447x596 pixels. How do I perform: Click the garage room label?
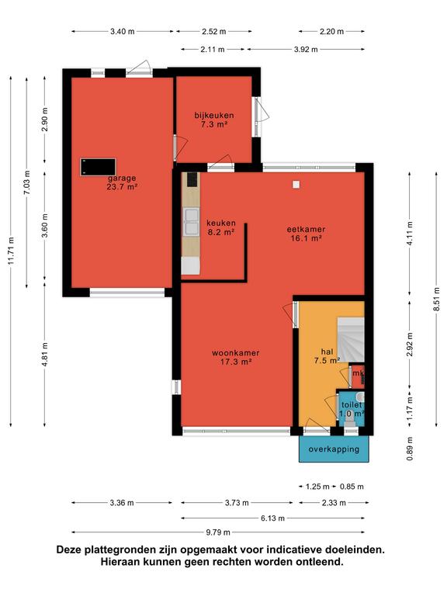pyautogui.click(x=122, y=182)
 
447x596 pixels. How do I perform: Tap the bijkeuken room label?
pyautogui.click(x=214, y=120)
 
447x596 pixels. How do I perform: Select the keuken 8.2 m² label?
pyautogui.click(x=221, y=227)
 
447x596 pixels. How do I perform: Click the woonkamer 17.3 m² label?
pyautogui.click(x=236, y=357)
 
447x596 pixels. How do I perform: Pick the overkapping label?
pyautogui.click(x=334, y=449)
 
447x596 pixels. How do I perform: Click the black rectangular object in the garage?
pyautogui.click(x=98, y=168)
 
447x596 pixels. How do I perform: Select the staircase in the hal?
pyautogui.click(x=351, y=340)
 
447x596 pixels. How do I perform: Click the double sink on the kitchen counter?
pyautogui.click(x=191, y=222)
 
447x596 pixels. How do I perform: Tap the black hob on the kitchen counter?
pyautogui.click(x=192, y=179)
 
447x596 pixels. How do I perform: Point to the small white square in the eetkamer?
pyautogui.click(x=296, y=185)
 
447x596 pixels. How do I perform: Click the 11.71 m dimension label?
pyautogui.click(x=12, y=251)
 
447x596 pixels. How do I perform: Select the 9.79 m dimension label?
pyautogui.click(x=218, y=532)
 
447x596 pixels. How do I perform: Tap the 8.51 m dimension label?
pyautogui.click(x=437, y=299)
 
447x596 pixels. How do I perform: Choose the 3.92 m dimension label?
pyautogui.click(x=306, y=50)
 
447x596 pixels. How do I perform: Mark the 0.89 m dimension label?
pyautogui.click(x=410, y=449)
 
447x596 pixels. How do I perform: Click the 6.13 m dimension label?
pyautogui.click(x=272, y=518)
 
